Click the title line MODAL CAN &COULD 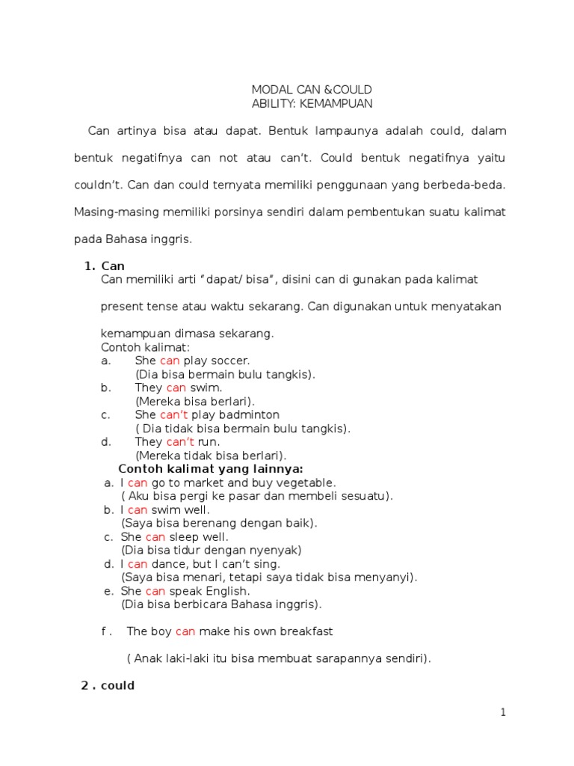[312, 90]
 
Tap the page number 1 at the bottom [503, 713]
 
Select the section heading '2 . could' [108, 685]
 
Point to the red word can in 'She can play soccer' [170, 361]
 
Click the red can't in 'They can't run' [180, 441]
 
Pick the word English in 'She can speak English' [223, 591]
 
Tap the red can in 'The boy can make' [185, 631]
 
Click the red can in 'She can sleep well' [155, 537]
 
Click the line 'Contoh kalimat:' [145, 347]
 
